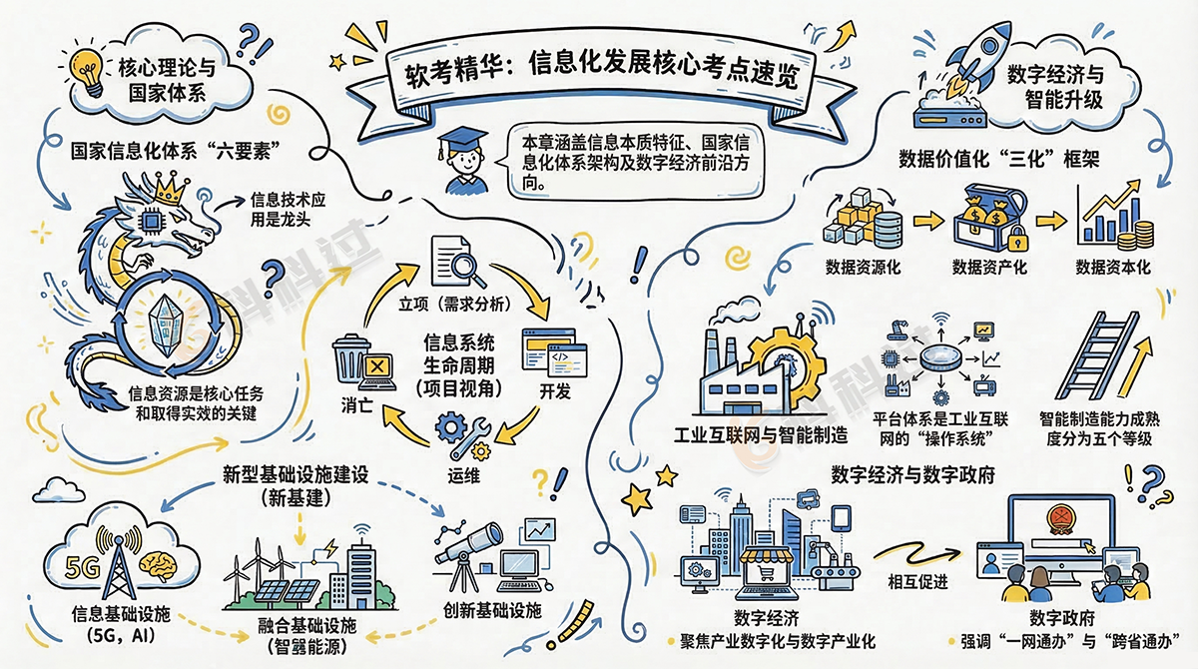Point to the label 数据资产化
pos(989,268)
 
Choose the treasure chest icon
pos(988,219)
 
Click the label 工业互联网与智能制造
pos(761,435)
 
